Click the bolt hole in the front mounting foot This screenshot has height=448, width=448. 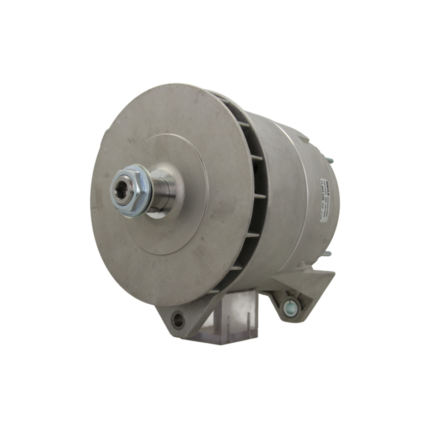coord(178,319)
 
